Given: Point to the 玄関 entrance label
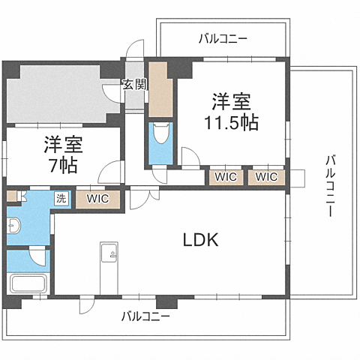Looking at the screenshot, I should click(135, 85).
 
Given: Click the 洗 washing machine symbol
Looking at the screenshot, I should click(61, 199).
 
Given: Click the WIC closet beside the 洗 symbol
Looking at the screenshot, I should click(97, 199).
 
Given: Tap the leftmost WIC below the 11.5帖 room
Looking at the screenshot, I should click(225, 177).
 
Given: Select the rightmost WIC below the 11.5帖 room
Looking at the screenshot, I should click(266, 177).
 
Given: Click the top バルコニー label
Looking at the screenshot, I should click(223, 37).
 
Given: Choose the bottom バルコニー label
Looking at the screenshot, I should click(145, 316).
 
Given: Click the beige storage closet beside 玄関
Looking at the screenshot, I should click(159, 91).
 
